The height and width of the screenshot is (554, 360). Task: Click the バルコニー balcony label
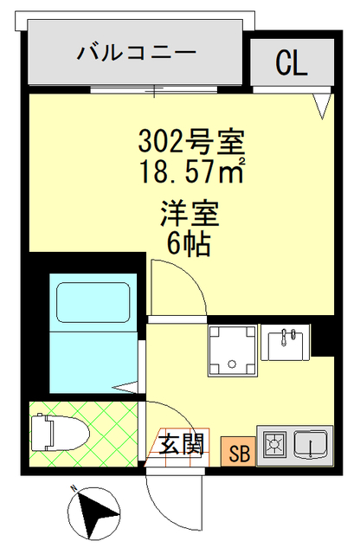[137, 54]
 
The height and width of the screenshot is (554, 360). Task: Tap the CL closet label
[292, 62]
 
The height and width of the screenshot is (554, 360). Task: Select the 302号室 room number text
[193, 139]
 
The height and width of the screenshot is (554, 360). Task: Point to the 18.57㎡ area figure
[192, 168]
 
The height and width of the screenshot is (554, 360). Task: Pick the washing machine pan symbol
[232, 351]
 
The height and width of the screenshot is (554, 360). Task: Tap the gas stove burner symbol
[275, 447]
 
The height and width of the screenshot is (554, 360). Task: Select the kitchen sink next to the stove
[310, 446]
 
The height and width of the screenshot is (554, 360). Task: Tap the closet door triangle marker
[322, 106]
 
